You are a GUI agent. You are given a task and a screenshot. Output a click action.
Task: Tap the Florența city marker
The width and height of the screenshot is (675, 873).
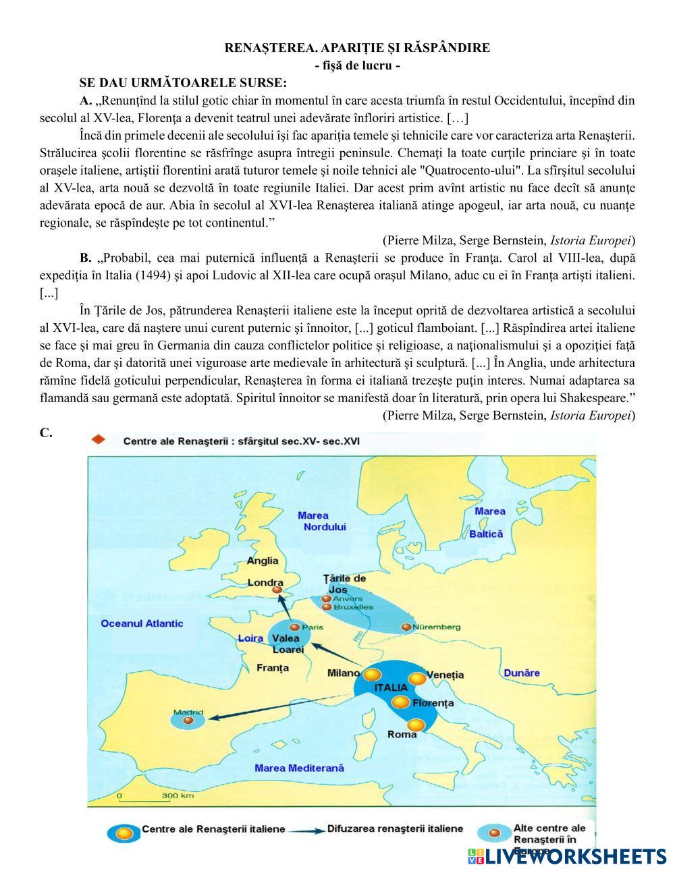[x=401, y=702]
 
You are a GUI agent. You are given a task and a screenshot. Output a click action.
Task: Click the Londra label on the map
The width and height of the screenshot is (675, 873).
[x=265, y=582]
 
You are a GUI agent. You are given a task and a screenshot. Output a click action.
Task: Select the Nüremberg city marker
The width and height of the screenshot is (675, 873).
[x=406, y=627]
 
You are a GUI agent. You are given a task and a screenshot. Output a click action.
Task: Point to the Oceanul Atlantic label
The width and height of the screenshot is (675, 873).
[x=142, y=623]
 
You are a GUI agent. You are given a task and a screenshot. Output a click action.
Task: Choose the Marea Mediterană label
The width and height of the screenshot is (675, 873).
[x=299, y=768]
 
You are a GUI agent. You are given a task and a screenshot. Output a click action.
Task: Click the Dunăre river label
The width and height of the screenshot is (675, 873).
[x=522, y=673]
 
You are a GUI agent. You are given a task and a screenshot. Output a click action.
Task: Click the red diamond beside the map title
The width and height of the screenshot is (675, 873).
[x=99, y=440]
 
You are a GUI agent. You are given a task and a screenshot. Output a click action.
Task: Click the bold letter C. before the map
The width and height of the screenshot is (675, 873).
[x=46, y=433]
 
